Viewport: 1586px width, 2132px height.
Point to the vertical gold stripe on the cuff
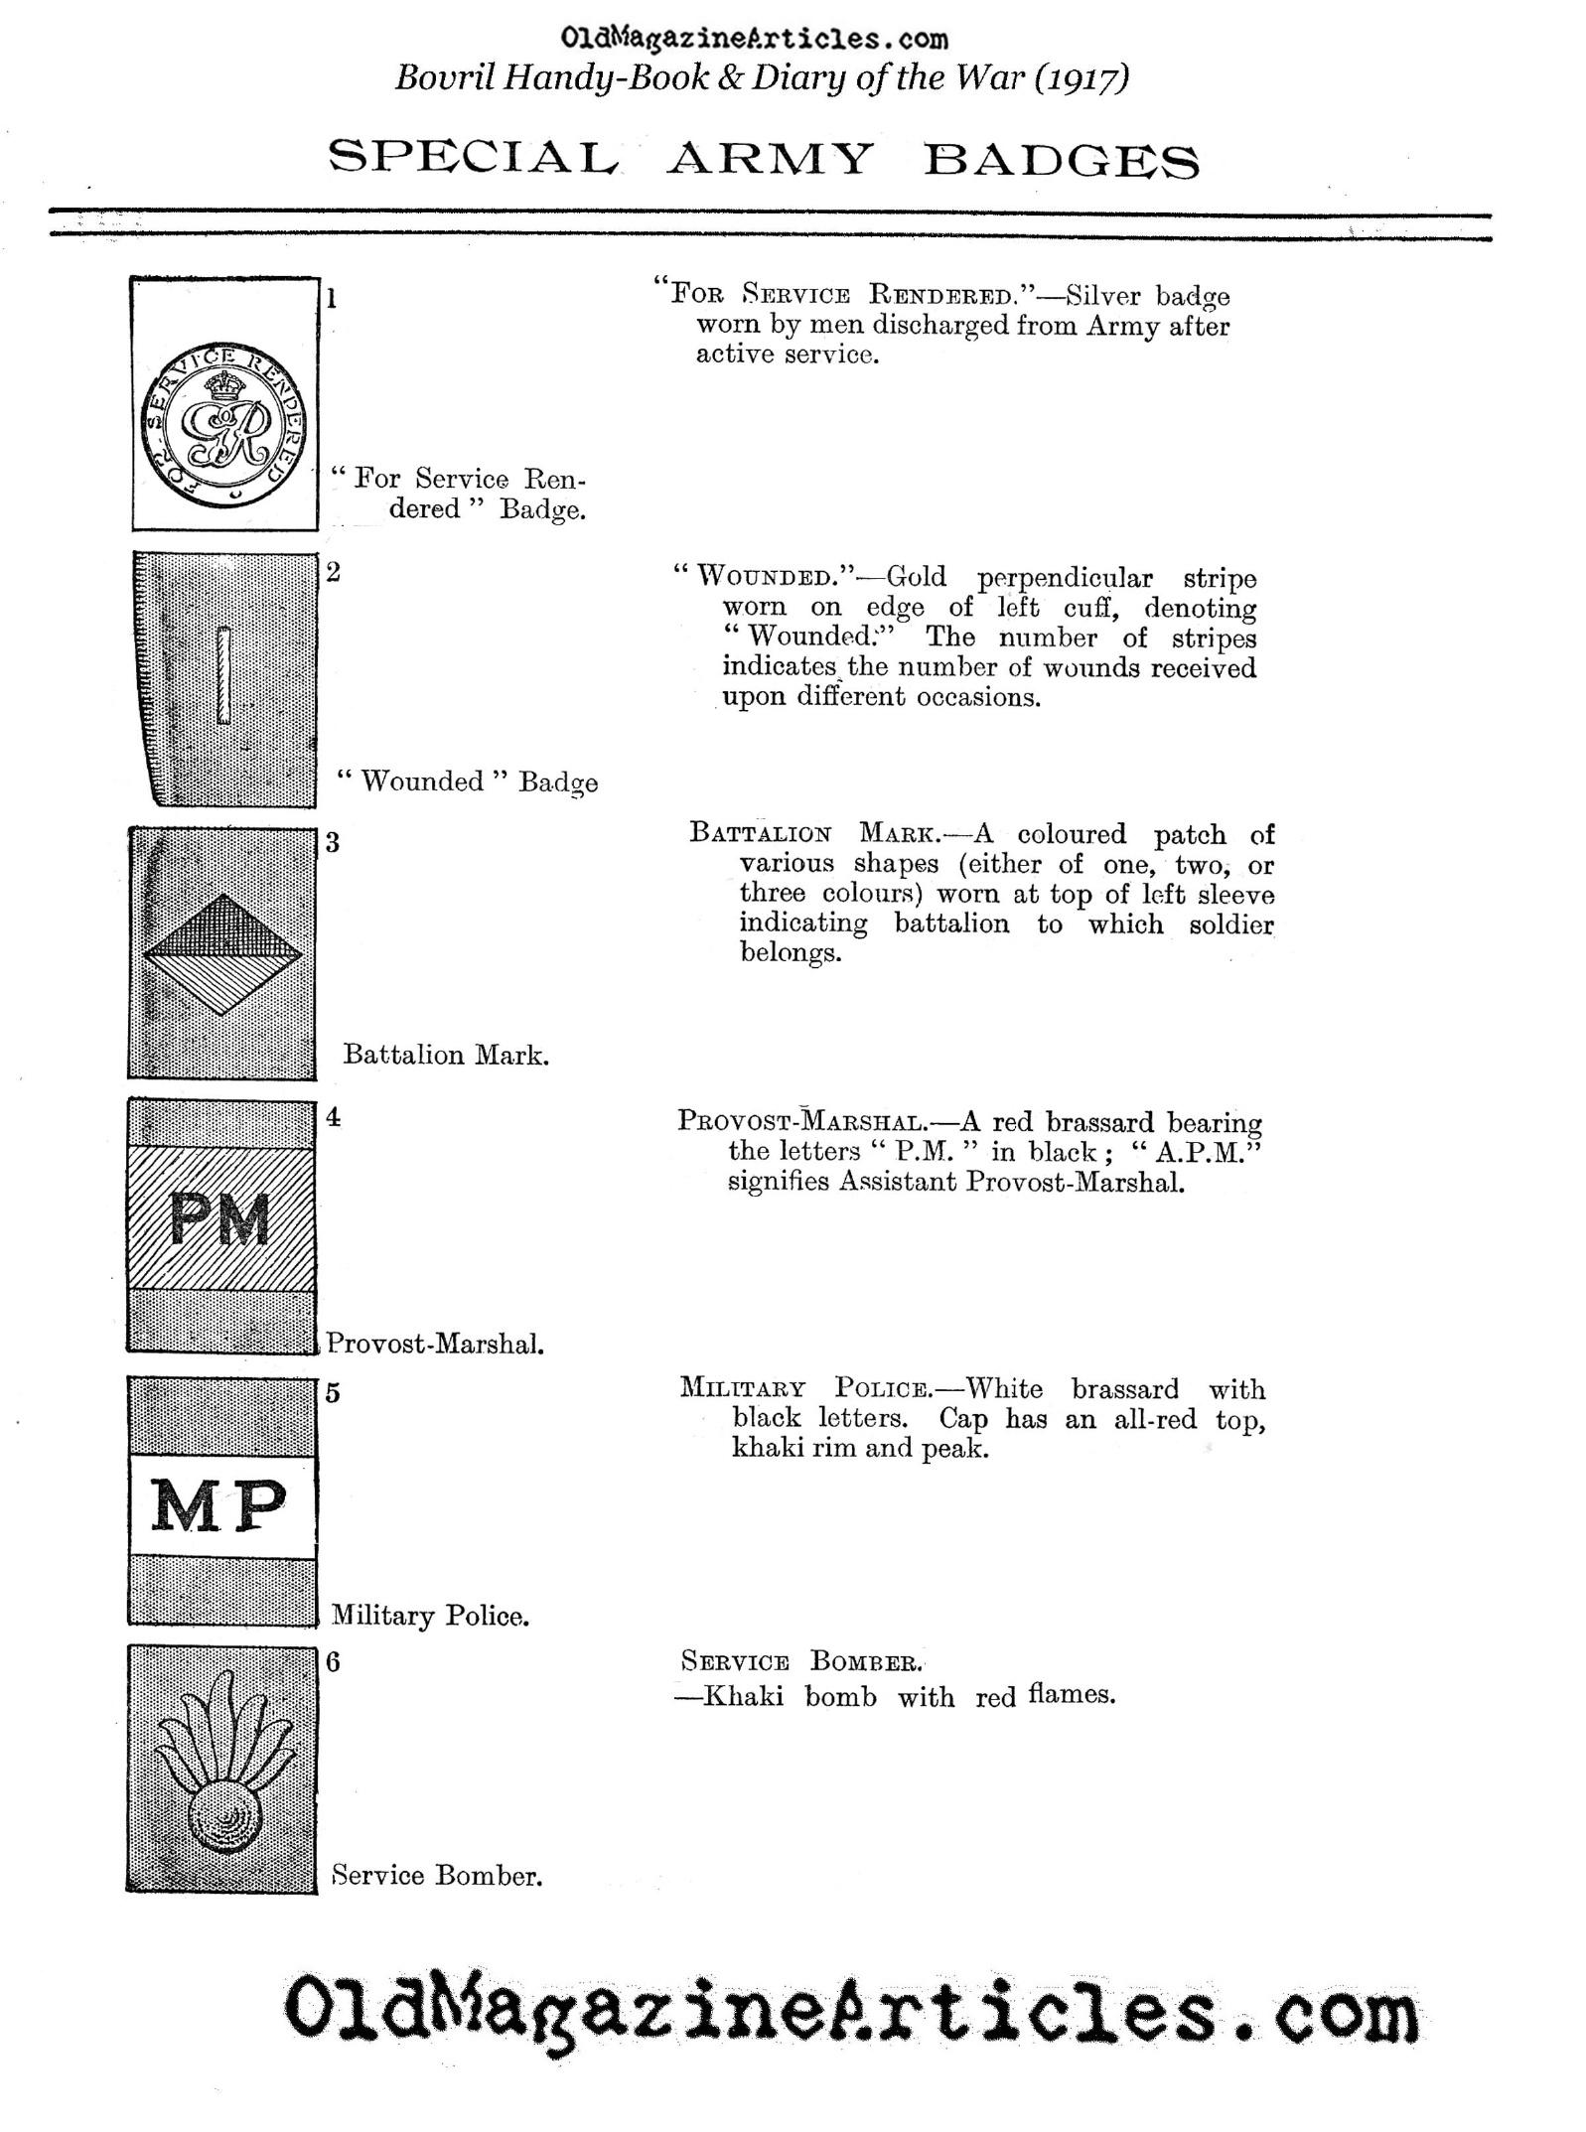(224, 674)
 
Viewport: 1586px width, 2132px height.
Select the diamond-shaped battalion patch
(222, 954)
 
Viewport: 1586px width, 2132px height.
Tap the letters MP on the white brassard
(218, 1505)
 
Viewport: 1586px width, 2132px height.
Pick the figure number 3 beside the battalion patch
(333, 843)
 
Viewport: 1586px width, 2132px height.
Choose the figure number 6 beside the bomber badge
(333, 1662)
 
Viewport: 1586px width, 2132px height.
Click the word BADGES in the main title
(1061, 160)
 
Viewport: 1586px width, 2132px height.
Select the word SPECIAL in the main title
(475, 159)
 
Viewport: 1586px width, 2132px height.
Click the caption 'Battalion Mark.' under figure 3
(446, 1055)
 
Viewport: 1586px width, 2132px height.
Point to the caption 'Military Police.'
(430, 1616)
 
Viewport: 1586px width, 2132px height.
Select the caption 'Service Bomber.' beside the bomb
(437, 1875)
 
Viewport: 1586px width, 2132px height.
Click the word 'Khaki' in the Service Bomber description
(743, 1695)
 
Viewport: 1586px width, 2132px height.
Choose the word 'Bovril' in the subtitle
(444, 77)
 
